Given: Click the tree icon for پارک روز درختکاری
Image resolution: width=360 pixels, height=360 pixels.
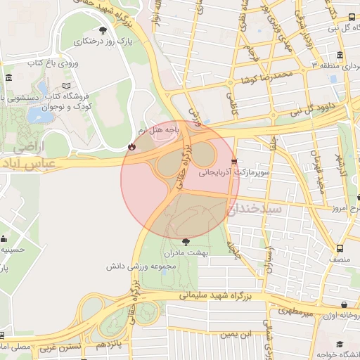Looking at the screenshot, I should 104,30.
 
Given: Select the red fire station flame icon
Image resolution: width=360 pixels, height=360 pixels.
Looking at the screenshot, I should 131,146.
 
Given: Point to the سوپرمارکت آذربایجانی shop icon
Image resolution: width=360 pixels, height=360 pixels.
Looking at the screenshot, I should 233,160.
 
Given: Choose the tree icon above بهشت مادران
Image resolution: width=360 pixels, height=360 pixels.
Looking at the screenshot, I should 185,240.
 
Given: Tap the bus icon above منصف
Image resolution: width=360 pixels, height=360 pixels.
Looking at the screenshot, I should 340,248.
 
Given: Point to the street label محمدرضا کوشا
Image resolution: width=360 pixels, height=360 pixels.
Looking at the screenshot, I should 264,76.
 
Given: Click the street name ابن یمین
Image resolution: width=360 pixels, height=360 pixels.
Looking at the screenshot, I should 244,335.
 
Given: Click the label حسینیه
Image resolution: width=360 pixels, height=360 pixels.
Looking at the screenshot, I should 13,249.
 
